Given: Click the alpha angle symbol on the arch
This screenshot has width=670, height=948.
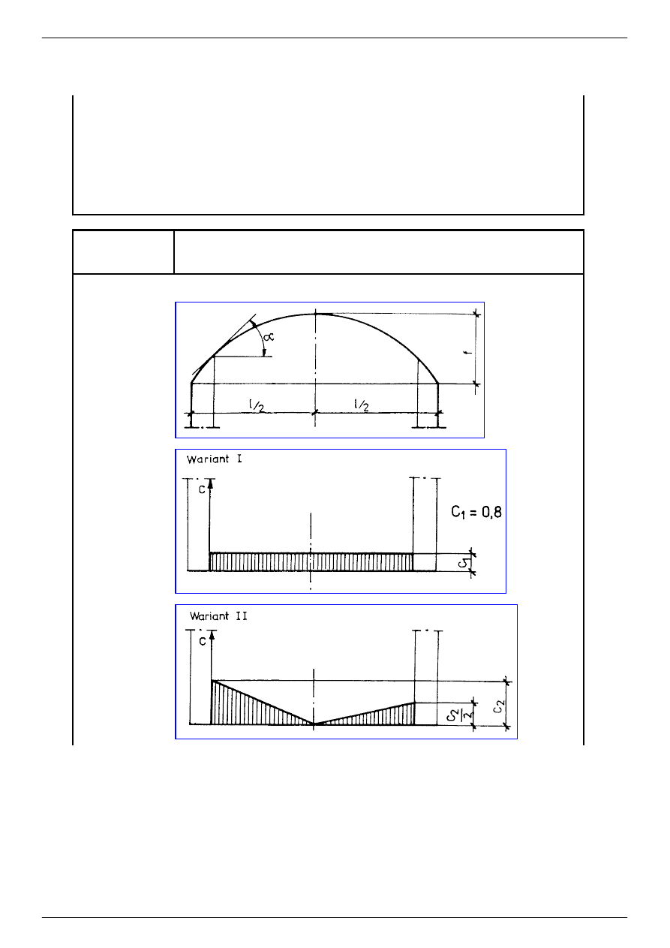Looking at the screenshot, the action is pyautogui.click(x=269, y=337).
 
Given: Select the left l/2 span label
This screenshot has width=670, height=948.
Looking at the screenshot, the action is pyautogui.click(x=257, y=405).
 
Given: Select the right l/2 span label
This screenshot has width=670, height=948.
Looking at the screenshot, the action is pyautogui.click(x=361, y=405).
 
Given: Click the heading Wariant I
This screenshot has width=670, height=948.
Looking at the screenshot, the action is pyautogui.click(x=214, y=459).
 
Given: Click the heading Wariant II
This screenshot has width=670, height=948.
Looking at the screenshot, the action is pyautogui.click(x=218, y=616).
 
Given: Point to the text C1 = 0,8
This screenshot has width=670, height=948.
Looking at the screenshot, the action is pyautogui.click(x=476, y=513).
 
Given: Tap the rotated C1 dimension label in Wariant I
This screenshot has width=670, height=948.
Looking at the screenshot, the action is pyautogui.click(x=464, y=562).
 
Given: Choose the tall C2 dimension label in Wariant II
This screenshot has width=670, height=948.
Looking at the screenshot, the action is pyautogui.click(x=499, y=706).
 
